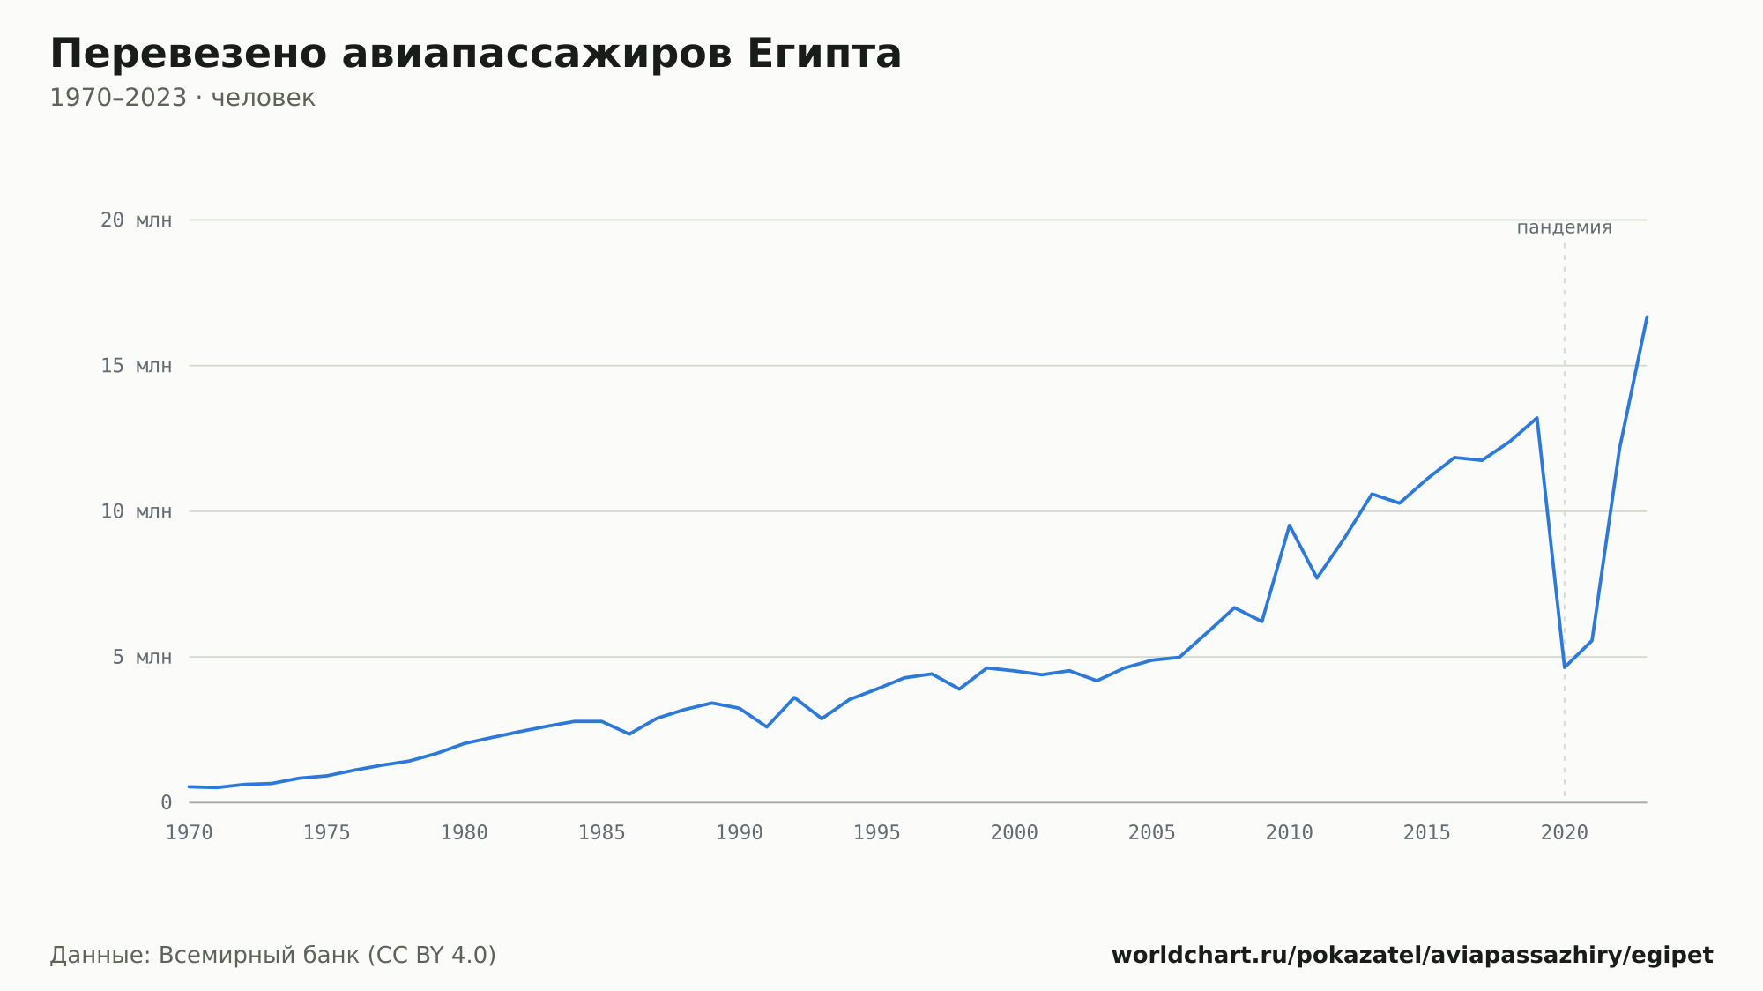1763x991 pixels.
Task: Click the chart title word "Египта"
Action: pyautogui.click(x=824, y=54)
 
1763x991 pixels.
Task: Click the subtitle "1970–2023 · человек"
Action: pyautogui.click(x=182, y=98)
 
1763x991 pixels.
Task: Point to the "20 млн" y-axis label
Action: pyautogui.click(x=136, y=220)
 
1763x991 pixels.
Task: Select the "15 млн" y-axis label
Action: pyautogui.click(x=136, y=366)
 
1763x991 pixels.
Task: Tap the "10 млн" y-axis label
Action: pyautogui.click(x=136, y=511)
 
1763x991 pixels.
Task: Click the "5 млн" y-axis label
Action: pyautogui.click(x=142, y=657)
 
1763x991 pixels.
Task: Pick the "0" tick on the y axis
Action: pyautogui.click(x=166, y=802)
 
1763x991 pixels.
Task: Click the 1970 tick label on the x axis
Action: pyautogui.click(x=190, y=833)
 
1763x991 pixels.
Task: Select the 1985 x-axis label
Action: pyautogui.click(x=602, y=833)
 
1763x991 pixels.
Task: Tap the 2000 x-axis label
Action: pyautogui.click(x=1015, y=833)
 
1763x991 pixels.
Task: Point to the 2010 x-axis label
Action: pyautogui.click(x=1290, y=833)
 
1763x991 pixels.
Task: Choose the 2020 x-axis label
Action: pyautogui.click(x=1565, y=833)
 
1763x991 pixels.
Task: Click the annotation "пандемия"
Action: pyautogui.click(x=1565, y=227)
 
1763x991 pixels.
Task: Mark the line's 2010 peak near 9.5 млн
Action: pyautogui.click(x=1290, y=525)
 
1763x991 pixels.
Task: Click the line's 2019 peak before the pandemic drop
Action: pyautogui.click(x=1537, y=418)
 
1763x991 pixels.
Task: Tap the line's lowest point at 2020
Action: pyautogui.click(x=1565, y=667)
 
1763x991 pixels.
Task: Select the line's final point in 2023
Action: pyautogui.click(x=1647, y=317)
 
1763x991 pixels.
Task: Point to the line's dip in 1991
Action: pyautogui.click(x=767, y=726)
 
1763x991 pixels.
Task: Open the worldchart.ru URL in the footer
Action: pyautogui.click(x=1412, y=956)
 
